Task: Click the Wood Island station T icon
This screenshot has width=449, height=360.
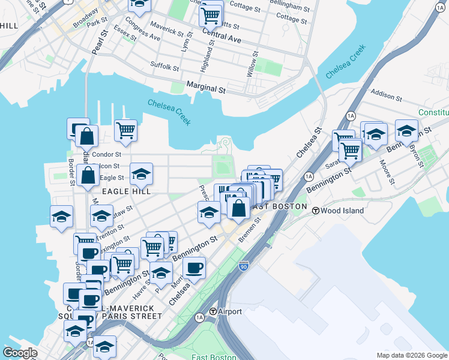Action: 315,209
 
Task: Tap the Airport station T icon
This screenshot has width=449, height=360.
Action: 212,311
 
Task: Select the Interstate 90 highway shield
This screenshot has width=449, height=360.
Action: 243,266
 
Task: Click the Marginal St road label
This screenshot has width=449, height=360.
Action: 205,88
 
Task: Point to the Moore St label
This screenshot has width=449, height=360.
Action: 387,170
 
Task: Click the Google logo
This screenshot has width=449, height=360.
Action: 20,353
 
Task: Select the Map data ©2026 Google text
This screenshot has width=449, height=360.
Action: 412,355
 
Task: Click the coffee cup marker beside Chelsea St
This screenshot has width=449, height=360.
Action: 194,268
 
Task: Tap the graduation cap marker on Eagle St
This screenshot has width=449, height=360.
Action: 141,174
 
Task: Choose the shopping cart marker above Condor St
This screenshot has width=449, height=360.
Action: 126,130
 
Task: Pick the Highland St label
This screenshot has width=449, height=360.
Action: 206,59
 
